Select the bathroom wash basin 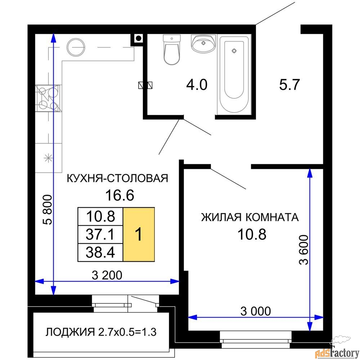click(x=203, y=44)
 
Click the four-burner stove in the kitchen click(x=48, y=98)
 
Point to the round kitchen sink click(x=76, y=47)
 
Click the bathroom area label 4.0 click(x=197, y=85)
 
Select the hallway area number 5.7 click(x=289, y=85)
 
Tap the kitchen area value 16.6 click(x=120, y=195)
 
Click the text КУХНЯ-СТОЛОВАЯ click(x=117, y=178)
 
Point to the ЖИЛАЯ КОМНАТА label click(x=250, y=217)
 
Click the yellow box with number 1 click(x=139, y=234)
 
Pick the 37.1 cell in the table click(x=100, y=234)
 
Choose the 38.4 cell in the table click(x=100, y=253)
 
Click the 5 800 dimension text click(x=48, y=210)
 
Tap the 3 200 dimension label click(x=107, y=275)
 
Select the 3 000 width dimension click(x=256, y=311)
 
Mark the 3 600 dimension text click(x=304, y=250)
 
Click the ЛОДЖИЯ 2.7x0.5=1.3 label click(x=101, y=332)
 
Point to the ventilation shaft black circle click(x=138, y=39)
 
